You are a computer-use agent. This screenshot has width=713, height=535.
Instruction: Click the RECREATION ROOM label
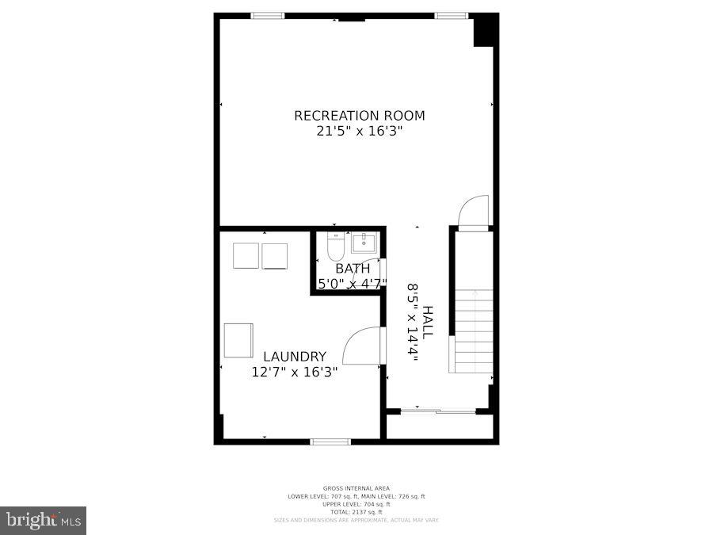pos(359,116)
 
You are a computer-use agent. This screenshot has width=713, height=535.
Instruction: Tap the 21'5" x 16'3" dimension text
pos(359,132)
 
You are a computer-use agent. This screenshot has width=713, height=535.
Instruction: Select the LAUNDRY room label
pos(295,357)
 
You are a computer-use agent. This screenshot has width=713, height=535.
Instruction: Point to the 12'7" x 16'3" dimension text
pos(295,372)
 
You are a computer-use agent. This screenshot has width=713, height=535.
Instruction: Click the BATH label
pos(352,269)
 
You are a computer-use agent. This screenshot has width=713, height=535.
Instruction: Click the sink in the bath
pos(364,242)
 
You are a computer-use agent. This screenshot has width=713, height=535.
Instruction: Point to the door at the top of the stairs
pos(474,212)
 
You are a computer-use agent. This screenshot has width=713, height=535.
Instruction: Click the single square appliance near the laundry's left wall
pos(238,340)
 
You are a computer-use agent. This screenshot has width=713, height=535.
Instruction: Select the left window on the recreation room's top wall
pos(268,15)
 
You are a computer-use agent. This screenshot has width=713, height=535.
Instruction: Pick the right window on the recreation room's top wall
pos(451,15)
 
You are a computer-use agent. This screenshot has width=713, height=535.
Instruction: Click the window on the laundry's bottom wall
pos(330,441)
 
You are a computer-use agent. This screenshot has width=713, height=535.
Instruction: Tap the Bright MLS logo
pos(44,520)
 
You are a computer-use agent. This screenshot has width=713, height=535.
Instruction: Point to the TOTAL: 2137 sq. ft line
pos(356,512)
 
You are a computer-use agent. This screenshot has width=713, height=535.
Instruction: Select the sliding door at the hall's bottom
pos(437,411)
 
